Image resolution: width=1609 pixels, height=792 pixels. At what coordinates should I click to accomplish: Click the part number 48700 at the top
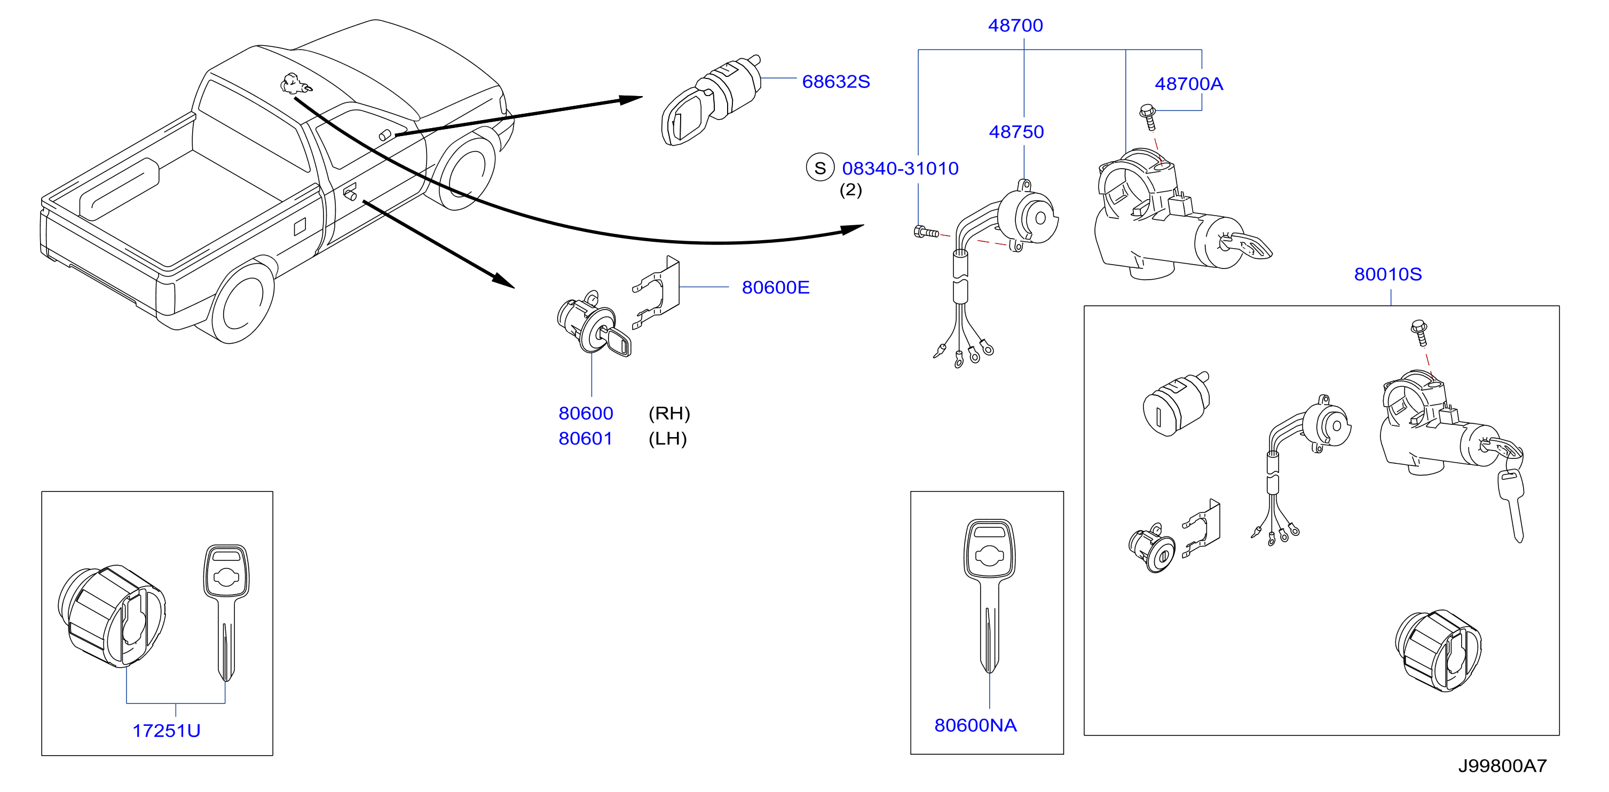[x=1015, y=26]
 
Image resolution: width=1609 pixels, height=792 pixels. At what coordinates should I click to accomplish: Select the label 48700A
[x=1189, y=84]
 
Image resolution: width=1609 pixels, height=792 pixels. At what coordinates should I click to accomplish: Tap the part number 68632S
[x=836, y=82]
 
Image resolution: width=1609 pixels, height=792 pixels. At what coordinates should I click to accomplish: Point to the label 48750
[x=1016, y=132]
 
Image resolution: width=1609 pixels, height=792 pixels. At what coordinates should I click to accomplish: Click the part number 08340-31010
[x=900, y=169]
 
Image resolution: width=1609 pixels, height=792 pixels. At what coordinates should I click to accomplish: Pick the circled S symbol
[x=820, y=168]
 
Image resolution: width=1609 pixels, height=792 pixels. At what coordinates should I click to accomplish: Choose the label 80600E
[x=775, y=287]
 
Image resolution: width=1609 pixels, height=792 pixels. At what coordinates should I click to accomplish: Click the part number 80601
[x=585, y=439]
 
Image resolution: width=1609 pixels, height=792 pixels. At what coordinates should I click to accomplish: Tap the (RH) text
[x=669, y=414]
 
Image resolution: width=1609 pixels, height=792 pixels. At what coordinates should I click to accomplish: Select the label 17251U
[x=166, y=731]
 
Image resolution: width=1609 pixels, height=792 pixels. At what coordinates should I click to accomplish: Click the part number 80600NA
[x=975, y=725]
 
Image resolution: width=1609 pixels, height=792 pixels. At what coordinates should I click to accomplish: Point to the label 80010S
[x=1387, y=274]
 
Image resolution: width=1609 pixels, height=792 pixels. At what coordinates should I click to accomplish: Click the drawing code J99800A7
[x=1502, y=766]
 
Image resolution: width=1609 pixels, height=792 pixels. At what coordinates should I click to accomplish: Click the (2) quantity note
[x=850, y=190]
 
